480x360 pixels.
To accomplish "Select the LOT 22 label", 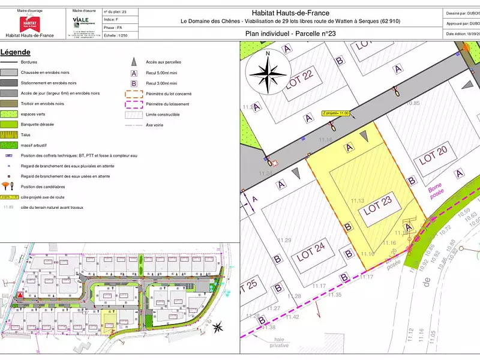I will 300,80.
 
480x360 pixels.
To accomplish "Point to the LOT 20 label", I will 433,158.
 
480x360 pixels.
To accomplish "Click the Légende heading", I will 16,52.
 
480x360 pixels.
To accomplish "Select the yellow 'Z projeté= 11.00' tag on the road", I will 335,113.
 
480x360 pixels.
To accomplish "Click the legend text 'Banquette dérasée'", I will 37,124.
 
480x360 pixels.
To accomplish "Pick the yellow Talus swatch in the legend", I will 8,135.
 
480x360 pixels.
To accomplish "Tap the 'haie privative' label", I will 278,342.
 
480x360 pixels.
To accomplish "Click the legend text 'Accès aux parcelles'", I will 163,62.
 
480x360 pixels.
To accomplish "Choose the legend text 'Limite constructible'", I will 163,114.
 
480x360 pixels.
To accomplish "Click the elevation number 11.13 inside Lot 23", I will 358,200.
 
